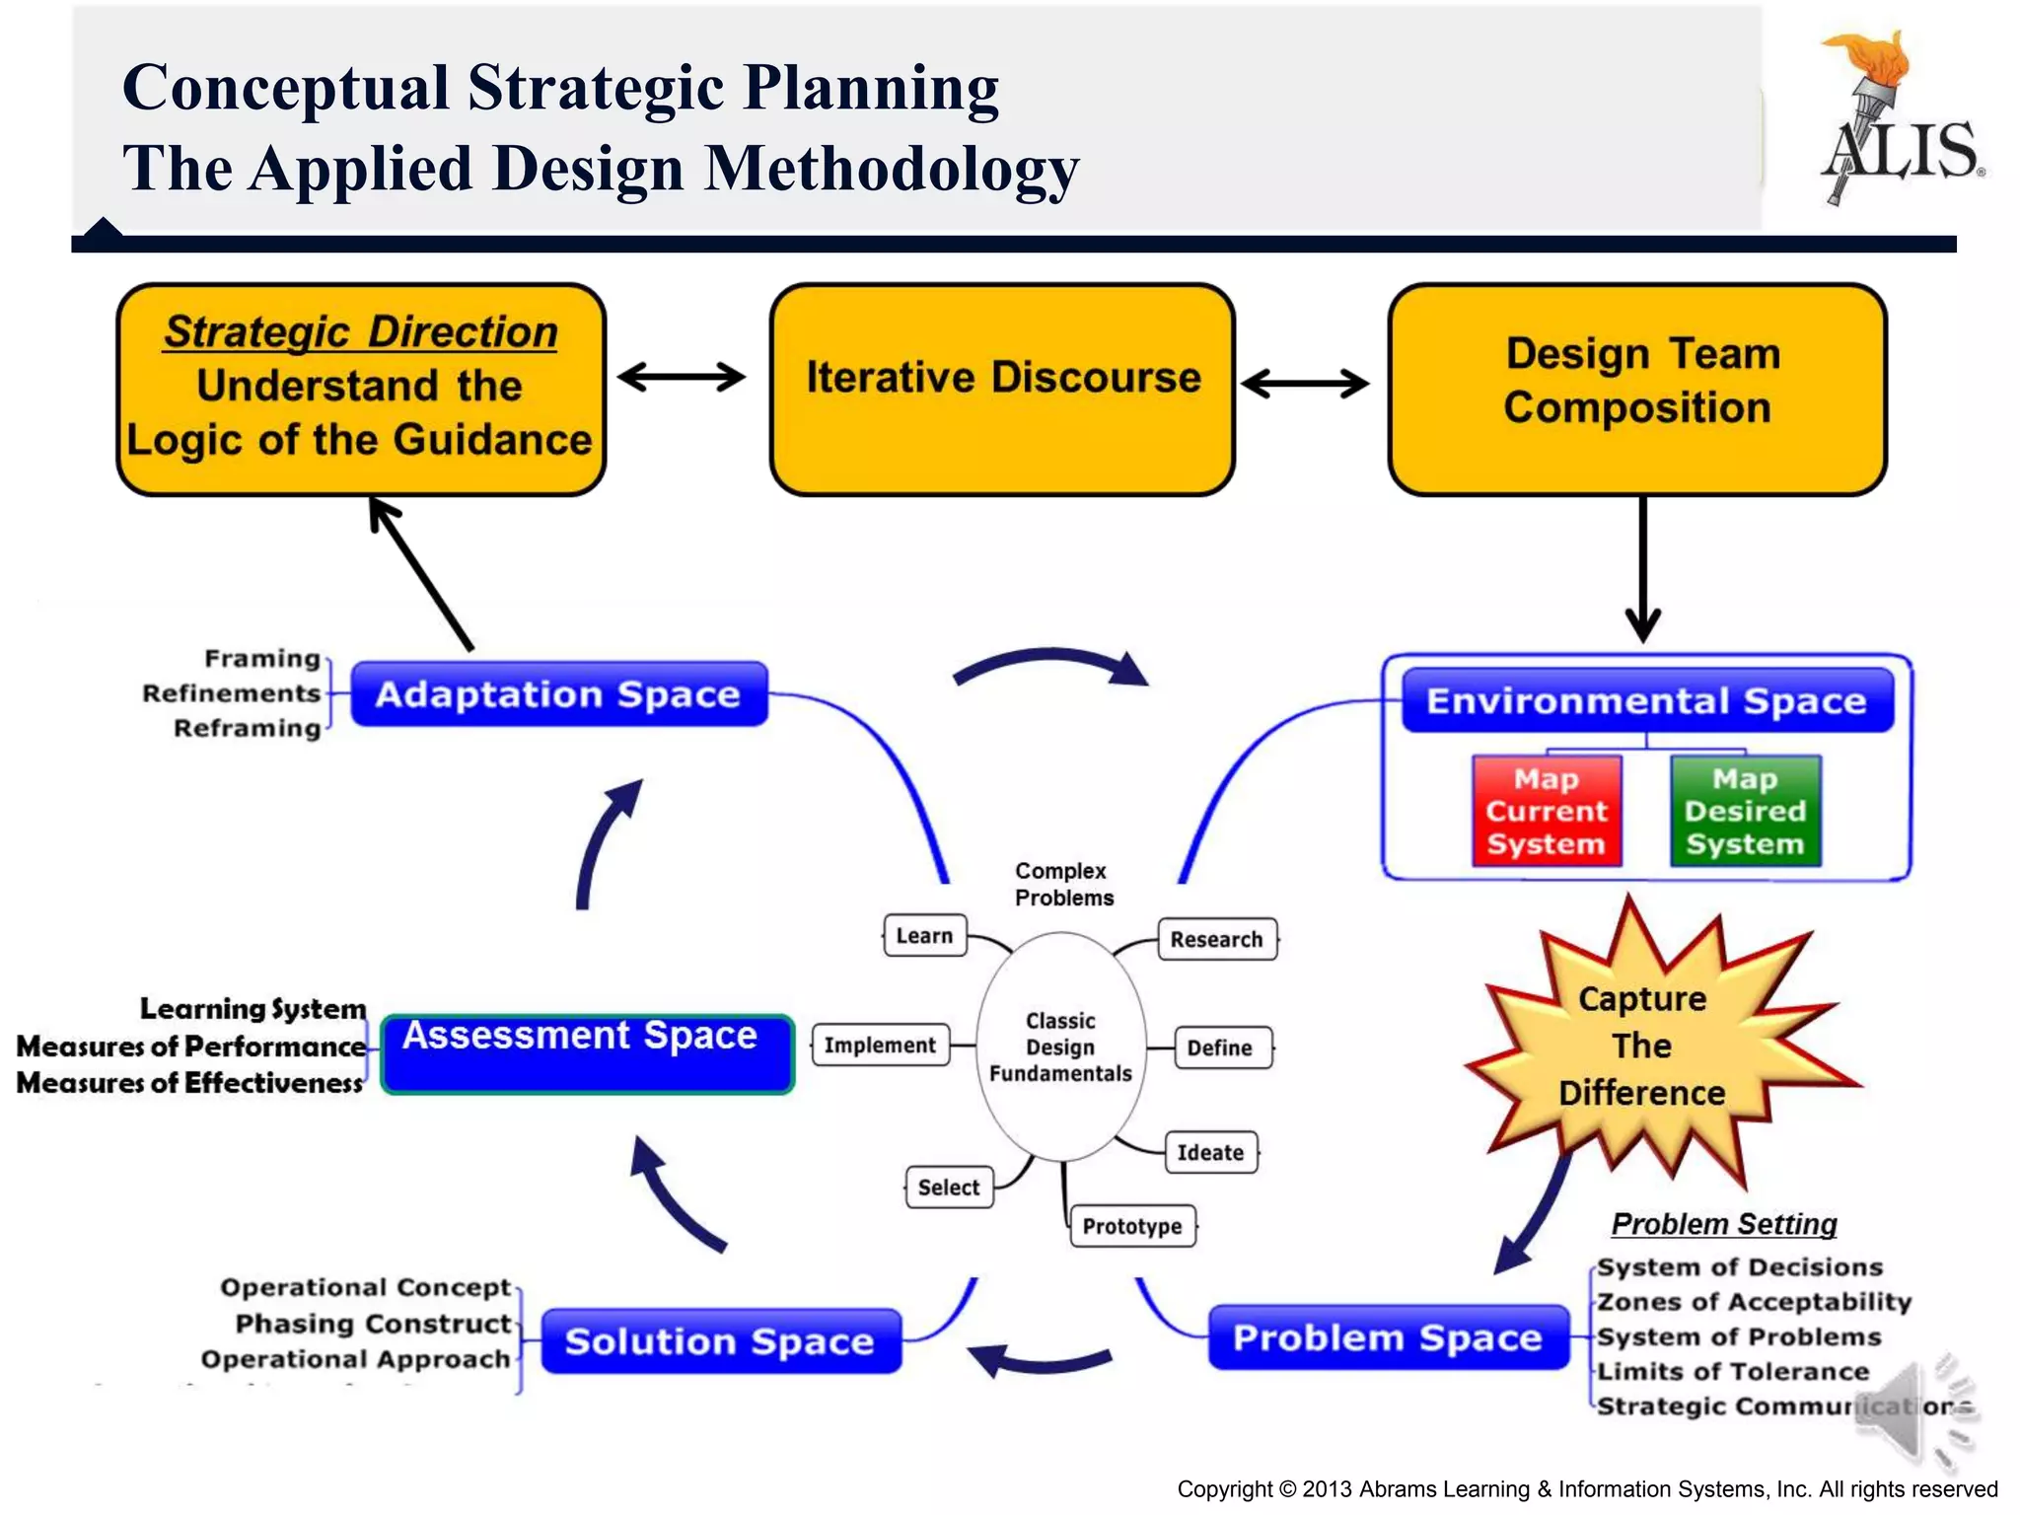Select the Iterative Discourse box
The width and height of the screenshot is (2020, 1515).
(1002, 389)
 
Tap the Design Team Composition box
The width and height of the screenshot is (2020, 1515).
(1637, 389)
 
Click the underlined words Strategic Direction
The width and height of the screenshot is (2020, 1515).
(360, 331)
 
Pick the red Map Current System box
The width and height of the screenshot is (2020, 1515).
(1546, 811)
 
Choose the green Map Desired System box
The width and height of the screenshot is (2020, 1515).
(1745, 811)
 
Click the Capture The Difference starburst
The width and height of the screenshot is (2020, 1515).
(1642, 1046)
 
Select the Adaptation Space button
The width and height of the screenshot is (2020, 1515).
(558, 694)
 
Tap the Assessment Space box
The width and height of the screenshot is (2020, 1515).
(587, 1053)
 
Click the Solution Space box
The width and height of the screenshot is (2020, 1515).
(720, 1341)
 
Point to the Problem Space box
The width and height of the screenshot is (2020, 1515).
(1388, 1337)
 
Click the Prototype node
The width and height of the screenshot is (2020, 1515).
(1132, 1226)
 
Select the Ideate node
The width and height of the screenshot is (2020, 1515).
(1210, 1152)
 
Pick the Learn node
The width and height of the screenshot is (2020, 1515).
(924, 935)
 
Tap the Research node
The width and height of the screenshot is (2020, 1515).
(1216, 939)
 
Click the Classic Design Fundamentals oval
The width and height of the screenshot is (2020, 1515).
(1060, 1046)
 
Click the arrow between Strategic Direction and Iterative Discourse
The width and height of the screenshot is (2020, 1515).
(682, 377)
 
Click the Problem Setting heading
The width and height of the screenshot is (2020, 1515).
(1724, 1224)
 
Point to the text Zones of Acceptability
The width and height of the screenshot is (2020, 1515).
(1754, 1302)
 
